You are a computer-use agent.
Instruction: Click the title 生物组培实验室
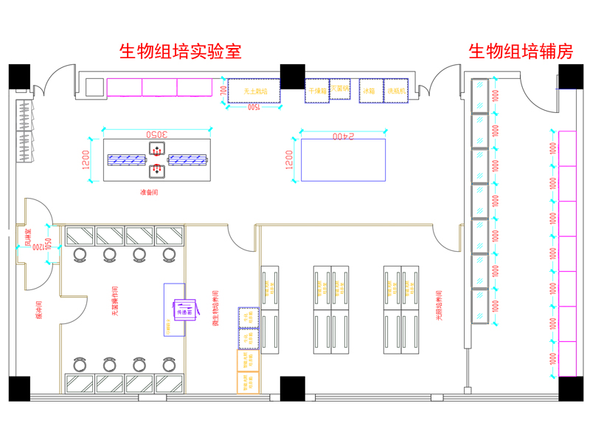point(181,52)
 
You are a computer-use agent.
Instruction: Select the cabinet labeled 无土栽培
point(253,91)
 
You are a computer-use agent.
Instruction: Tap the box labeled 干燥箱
point(316,91)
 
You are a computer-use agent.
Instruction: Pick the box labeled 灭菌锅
point(339,88)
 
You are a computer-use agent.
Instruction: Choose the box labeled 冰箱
point(369,91)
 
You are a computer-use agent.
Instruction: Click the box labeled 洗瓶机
point(396,91)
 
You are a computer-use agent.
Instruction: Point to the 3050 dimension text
point(156,134)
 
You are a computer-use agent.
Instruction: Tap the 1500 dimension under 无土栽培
point(253,107)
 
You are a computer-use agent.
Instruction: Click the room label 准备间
point(149,192)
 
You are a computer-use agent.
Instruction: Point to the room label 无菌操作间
point(115,301)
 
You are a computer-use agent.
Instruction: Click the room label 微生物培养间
point(213,303)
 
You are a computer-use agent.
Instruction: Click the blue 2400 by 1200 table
point(343,160)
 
